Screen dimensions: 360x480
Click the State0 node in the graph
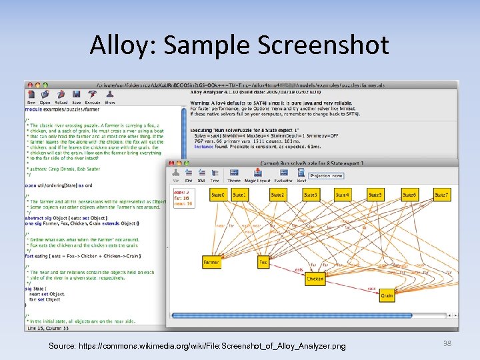pyautogui.click(x=217, y=195)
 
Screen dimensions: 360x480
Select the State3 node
pyautogui.click(x=310, y=195)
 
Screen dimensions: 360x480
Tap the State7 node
pyautogui.click(x=441, y=195)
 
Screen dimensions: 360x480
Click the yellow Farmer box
pyautogui.click(x=211, y=263)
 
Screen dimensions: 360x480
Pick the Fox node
pyautogui.click(x=263, y=263)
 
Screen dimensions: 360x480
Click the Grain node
pyautogui.click(x=387, y=294)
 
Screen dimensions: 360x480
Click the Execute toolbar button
pyautogui.click(x=92, y=99)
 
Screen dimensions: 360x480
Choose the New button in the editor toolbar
pyautogui.click(x=31, y=99)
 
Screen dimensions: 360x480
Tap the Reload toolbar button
pyautogui.click(x=61, y=99)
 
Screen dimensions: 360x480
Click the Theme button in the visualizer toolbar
pyautogui.click(x=234, y=177)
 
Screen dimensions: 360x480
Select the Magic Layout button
pyautogui.click(x=256, y=177)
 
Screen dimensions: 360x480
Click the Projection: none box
pyautogui.click(x=326, y=175)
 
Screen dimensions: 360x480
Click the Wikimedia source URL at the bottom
pyautogui.click(x=197, y=346)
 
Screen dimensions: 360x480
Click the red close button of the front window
pyautogui.click(x=171, y=163)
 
